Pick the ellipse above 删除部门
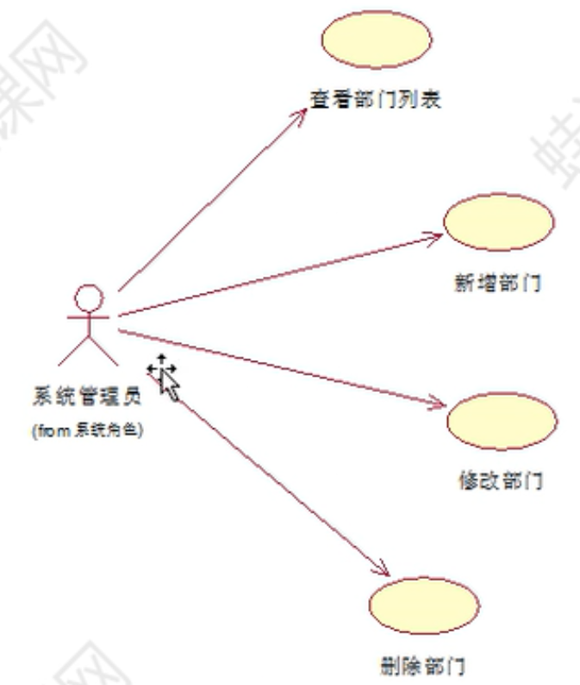pyautogui.click(x=423, y=606)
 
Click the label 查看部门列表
pyautogui.click(x=377, y=99)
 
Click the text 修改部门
pyautogui.click(x=501, y=480)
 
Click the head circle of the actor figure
pyautogui.click(x=89, y=298)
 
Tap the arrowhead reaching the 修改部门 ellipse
pyautogui.click(x=439, y=402)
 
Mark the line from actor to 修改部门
pyautogui.click(x=276, y=365)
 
